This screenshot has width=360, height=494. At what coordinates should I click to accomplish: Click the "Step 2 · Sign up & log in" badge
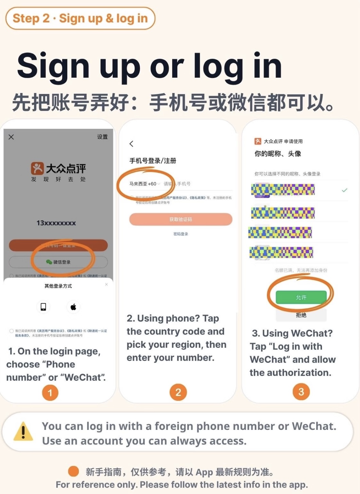[x=80, y=18]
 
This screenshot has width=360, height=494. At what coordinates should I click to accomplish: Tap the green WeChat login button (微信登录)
[x=58, y=262]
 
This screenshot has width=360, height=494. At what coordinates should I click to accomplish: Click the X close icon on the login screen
[x=11, y=137]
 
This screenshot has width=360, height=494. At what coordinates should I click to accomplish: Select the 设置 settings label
[x=102, y=137]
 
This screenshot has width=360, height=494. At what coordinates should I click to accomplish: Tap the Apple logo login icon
[x=73, y=307]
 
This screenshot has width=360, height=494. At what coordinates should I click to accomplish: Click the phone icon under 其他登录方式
[x=43, y=307]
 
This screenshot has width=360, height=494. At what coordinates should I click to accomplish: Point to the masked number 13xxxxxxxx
[x=56, y=223]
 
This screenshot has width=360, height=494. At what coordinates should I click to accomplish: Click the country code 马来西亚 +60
[x=143, y=184]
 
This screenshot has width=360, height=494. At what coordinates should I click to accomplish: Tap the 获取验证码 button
[x=181, y=220]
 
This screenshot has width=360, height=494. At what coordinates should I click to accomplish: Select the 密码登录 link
[x=181, y=234]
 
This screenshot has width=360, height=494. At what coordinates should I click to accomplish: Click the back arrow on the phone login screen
[x=131, y=144]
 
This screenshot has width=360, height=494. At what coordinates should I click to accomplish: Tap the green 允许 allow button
[x=301, y=297]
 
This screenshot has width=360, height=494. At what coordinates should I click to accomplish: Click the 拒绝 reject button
[x=301, y=315]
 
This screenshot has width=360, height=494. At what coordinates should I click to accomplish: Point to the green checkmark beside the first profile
[x=344, y=190]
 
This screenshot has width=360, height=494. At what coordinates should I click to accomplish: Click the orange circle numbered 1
[x=50, y=393]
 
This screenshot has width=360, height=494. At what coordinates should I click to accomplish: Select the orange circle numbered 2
[x=178, y=393]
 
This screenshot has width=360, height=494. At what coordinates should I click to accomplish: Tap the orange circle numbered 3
[x=301, y=392]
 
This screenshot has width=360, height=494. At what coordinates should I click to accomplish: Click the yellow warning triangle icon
[x=23, y=432]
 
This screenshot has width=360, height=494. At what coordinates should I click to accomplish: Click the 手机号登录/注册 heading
[x=153, y=161]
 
